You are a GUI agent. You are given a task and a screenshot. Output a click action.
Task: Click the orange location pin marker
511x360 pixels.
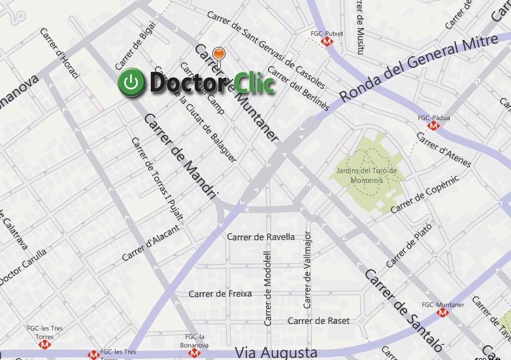[220, 52]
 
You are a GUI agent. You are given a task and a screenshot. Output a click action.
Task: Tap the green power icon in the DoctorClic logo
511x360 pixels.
[131, 83]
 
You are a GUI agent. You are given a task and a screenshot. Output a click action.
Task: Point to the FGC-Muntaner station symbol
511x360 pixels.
[444, 313]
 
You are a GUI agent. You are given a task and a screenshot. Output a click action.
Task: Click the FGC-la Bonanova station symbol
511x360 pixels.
[193, 353]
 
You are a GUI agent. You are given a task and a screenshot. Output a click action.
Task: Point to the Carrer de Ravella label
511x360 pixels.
[261, 237]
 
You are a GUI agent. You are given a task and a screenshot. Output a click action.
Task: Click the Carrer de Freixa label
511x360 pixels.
[220, 293]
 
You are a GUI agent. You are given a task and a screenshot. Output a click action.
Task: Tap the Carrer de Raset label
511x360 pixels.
[318, 321]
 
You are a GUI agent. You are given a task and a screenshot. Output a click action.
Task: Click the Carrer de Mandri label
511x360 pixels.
[180, 156]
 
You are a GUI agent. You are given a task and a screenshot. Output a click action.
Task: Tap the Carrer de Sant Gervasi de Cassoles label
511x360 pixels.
[265, 50]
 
